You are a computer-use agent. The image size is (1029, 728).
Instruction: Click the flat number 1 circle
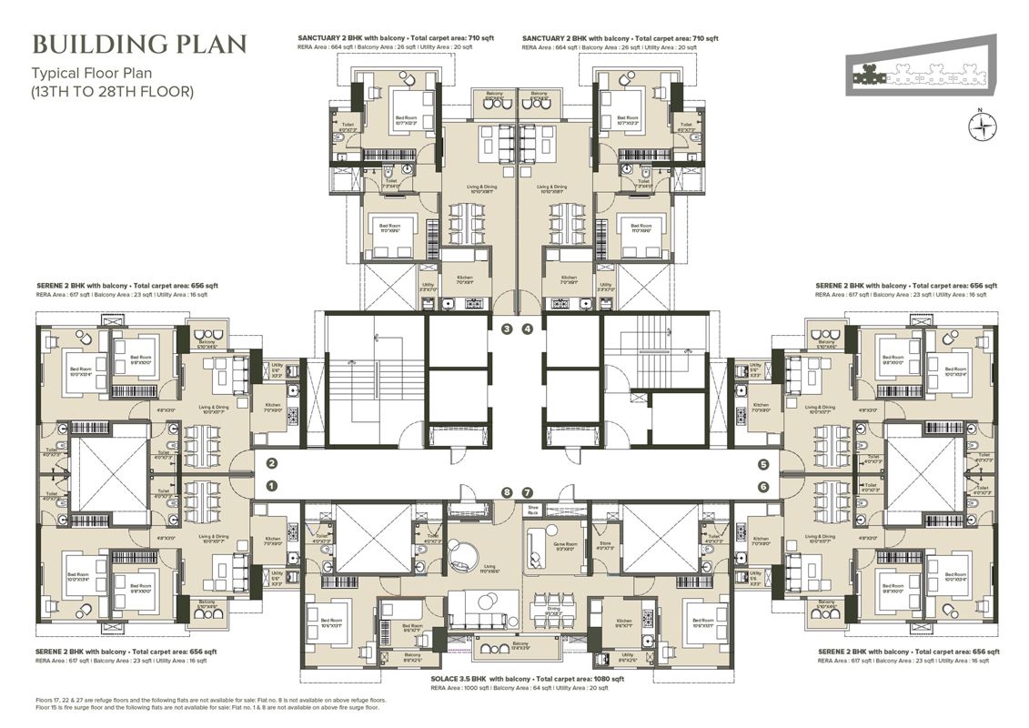pyautogui.click(x=271, y=486)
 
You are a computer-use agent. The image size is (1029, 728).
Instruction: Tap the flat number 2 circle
pyautogui.click(x=271, y=464)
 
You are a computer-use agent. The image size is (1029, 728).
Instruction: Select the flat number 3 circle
pyautogui.click(x=508, y=329)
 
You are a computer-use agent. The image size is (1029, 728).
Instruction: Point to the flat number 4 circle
pyautogui.click(x=527, y=329)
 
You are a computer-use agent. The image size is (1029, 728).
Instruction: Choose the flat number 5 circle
pyautogui.click(x=762, y=464)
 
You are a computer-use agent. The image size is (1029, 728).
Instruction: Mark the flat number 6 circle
pyautogui.click(x=762, y=487)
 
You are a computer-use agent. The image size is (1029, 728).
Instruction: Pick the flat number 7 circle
pyautogui.click(x=528, y=492)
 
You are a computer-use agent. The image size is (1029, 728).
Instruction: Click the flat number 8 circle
pyautogui.click(x=508, y=492)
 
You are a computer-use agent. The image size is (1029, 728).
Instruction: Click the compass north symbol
pyautogui.click(x=979, y=128)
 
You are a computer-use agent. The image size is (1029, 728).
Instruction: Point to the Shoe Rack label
pyautogui.click(x=534, y=510)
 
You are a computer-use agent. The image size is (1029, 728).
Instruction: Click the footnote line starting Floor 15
pyautogui.click(x=210, y=708)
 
